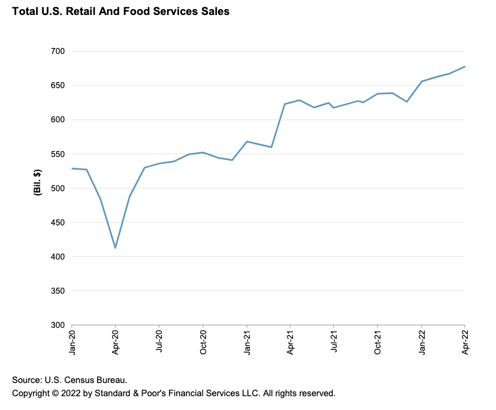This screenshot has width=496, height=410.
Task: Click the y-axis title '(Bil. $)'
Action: (37, 182)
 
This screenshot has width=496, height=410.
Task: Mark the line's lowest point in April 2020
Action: (115, 248)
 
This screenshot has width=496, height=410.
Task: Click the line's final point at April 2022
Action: (465, 67)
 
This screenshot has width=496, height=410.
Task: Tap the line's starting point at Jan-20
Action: (72, 168)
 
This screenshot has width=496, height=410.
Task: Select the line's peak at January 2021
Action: (247, 141)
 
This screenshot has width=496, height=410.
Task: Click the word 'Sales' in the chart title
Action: (214, 11)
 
